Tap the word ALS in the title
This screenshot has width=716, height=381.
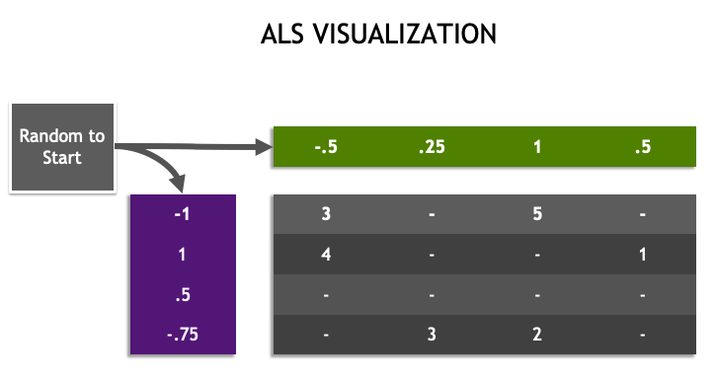point(281,36)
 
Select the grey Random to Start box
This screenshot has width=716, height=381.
point(62,146)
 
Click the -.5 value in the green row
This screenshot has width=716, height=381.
point(326,148)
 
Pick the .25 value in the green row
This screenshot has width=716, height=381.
point(432,148)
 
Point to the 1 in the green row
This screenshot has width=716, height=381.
point(537,148)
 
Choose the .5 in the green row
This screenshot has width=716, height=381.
point(643,148)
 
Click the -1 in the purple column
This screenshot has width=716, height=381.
point(184,214)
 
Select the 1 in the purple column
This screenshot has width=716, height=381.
point(184,255)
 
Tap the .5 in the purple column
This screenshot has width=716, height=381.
point(184,295)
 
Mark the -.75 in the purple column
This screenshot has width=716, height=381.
point(184,336)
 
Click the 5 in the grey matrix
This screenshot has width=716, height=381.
point(537,214)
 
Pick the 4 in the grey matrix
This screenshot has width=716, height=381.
point(326,255)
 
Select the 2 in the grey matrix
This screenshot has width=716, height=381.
point(537,336)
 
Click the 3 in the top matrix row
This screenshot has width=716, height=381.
point(326,214)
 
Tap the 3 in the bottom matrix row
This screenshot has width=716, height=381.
point(432,336)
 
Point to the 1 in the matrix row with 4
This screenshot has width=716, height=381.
point(643,255)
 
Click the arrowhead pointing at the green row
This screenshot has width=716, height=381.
point(263,148)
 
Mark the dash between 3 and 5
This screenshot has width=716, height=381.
point(432,214)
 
